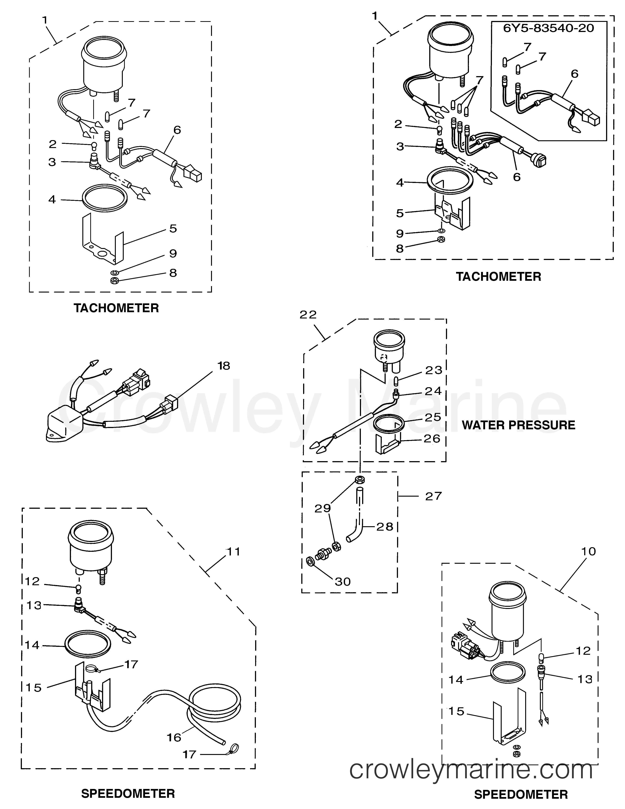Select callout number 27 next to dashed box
click(x=433, y=496)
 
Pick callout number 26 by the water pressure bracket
click(x=432, y=439)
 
